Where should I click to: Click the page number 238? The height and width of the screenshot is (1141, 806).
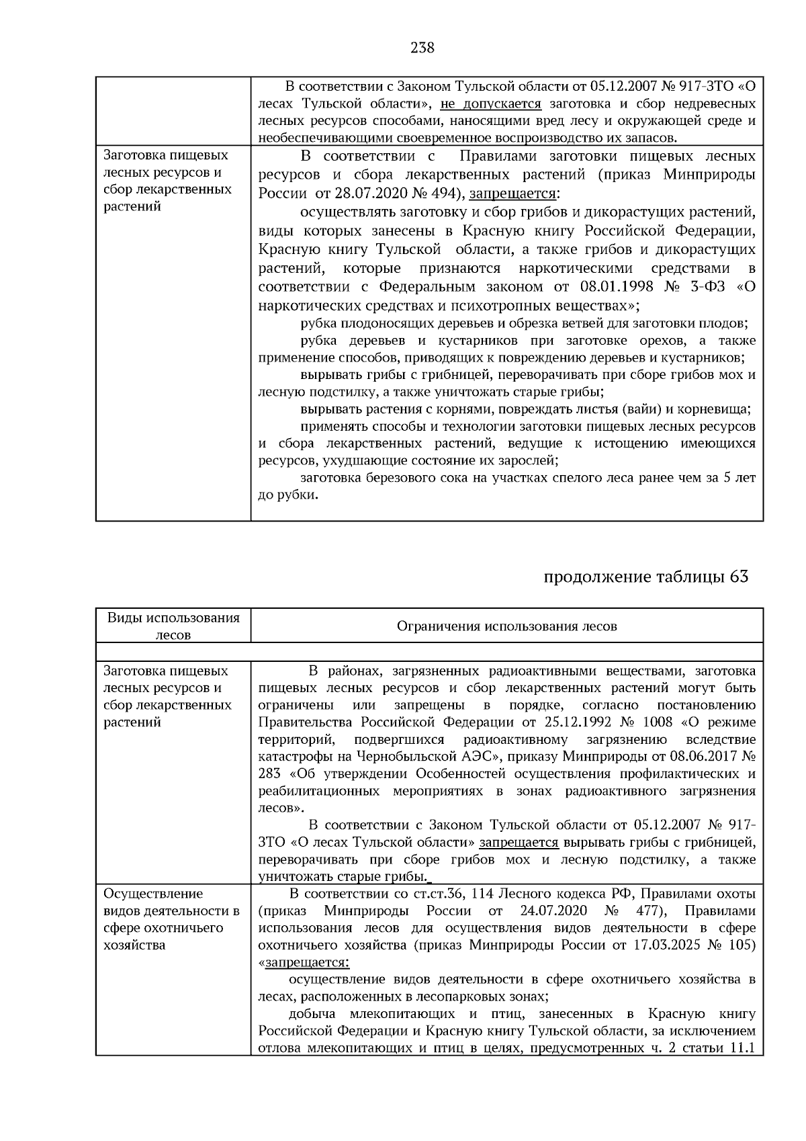[x=422, y=48]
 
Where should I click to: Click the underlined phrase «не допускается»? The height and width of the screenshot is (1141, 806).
[x=490, y=104]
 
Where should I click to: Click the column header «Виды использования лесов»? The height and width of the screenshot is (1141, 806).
[x=173, y=626]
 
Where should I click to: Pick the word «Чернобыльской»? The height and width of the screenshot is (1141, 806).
[x=403, y=757]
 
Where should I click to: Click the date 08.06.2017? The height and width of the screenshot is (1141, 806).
[x=703, y=757]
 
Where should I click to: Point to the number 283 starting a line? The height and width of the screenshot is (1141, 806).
[x=269, y=774]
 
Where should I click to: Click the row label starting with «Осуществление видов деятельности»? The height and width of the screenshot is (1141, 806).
[x=171, y=920]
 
